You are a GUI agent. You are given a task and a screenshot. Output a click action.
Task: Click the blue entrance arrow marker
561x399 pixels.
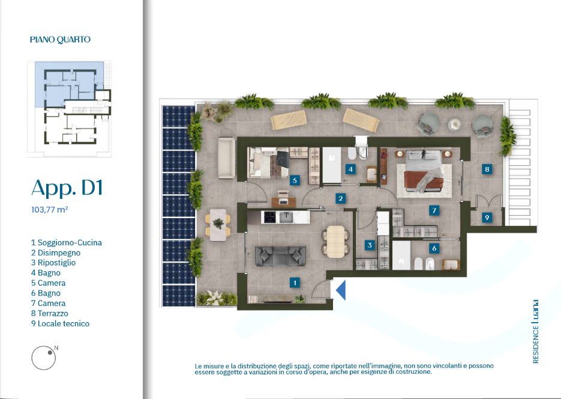coord(341,290)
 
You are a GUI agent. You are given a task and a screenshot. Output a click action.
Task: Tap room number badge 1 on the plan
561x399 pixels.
coord(295,283)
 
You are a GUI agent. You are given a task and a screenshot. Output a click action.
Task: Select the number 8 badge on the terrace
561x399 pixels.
coord(487,169)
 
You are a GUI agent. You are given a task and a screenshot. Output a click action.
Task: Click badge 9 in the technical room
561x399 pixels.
coord(487,217)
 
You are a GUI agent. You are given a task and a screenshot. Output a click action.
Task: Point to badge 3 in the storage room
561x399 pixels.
coord(370,245)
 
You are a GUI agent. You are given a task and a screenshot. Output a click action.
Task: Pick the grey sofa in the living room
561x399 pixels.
coord(280,256)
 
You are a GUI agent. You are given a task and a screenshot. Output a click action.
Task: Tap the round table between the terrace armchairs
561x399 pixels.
coord(455,124)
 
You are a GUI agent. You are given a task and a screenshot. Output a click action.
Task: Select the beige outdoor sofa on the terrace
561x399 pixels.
coord(226,158)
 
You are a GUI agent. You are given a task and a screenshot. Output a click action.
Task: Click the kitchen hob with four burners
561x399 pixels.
coord(269,217)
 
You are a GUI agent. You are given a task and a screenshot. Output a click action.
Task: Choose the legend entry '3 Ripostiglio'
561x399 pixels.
coord(53,263)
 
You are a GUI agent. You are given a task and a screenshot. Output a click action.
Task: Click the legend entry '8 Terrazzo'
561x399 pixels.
coord(49,314)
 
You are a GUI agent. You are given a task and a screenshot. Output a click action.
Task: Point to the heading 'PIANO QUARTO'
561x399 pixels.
coord(60,40)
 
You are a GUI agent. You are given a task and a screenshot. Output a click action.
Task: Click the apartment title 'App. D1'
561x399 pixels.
coord(67,187)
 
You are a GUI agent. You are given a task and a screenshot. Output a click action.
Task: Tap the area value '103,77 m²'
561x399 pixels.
coord(49,210)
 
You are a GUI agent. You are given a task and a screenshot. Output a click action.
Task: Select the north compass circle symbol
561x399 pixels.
coord(43,358)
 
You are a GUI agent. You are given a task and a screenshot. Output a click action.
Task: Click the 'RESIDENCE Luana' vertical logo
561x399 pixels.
coord(535,332)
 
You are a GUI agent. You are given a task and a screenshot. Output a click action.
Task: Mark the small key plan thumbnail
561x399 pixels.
coord(69,109)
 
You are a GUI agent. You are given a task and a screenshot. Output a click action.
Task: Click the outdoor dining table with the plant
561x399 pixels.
coord(218,225)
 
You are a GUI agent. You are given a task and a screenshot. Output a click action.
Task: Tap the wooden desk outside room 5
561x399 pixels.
coord(283,202)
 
